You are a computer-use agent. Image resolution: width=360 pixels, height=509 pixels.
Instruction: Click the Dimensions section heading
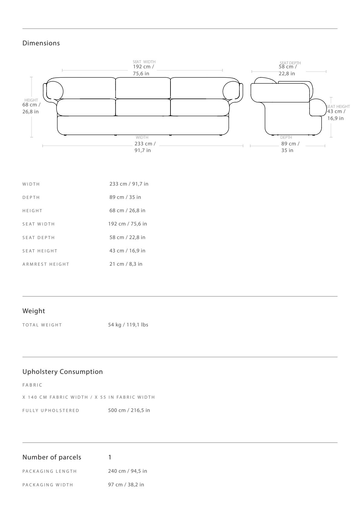click(x=41, y=43)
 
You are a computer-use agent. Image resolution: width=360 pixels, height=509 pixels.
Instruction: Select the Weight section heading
click(x=34, y=311)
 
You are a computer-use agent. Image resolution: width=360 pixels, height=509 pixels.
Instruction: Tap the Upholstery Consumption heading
click(x=63, y=372)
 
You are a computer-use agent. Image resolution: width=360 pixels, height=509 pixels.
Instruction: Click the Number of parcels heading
click(x=52, y=457)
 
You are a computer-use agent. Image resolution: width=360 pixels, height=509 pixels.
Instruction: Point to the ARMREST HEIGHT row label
click(x=46, y=264)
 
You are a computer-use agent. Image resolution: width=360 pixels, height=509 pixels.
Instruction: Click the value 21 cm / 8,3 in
click(x=126, y=264)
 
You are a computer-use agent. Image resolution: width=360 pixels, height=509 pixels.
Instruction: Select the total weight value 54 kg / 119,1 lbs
click(x=128, y=325)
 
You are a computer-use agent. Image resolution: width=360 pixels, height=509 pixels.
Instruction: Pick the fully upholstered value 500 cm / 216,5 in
click(x=129, y=410)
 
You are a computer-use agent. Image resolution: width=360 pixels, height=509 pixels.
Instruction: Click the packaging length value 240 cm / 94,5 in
click(x=128, y=471)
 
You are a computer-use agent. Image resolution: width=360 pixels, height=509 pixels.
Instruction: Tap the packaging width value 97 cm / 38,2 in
click(x=126, y=485)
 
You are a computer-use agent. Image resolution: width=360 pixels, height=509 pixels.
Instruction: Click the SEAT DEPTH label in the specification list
click(x=39, y=238)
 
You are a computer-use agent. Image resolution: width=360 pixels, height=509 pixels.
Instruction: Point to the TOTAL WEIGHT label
click(x=42, y=325)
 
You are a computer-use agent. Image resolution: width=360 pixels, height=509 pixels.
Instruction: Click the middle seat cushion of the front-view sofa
click(x=143, y=107)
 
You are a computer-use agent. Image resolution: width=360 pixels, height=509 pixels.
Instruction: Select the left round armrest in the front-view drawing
click(x=54, y=91)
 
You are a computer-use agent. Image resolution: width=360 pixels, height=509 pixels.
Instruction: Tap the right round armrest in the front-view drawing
click(x=231, y=91)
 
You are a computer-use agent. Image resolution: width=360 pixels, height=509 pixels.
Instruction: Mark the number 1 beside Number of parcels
click(x=110, y=457)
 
